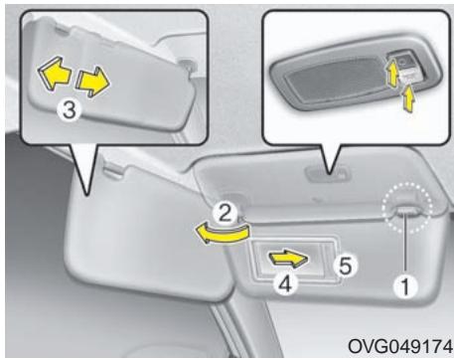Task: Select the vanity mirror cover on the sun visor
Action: (289, 262)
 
